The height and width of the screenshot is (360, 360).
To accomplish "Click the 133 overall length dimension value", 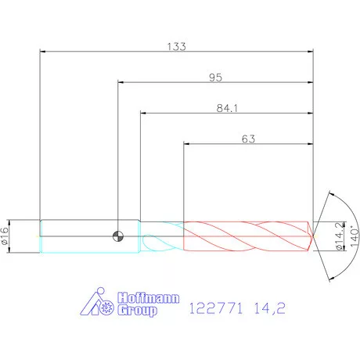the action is click(177, 46).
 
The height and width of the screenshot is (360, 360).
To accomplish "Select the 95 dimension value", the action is click(215, 77).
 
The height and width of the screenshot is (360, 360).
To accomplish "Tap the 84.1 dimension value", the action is click(227, 108).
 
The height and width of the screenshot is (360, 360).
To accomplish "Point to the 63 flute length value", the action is click(248, 139).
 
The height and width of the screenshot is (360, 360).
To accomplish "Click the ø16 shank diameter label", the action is click(5, 236).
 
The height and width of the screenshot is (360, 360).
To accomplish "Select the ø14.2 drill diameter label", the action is click(340, 236).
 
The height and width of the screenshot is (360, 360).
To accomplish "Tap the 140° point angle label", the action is click(355, 236).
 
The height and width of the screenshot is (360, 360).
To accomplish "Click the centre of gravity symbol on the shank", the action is click(118, 236).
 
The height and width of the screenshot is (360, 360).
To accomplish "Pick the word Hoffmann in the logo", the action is click(149, 297).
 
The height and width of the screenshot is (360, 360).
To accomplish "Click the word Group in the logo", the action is click(137, 310).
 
